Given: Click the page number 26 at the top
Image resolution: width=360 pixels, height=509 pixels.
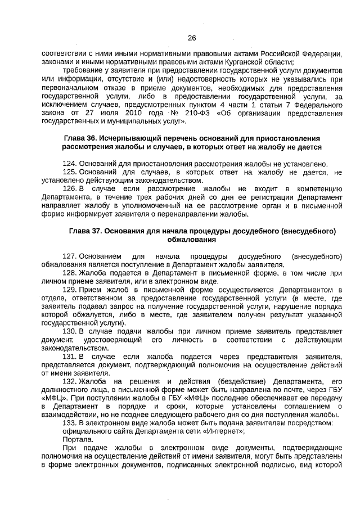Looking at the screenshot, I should (191, 38).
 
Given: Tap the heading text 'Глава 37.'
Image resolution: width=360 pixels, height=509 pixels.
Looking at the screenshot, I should (86, 231).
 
